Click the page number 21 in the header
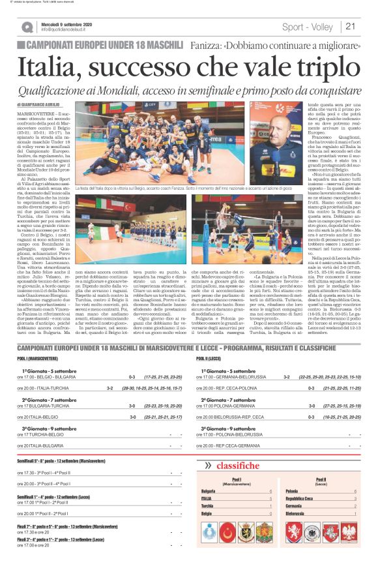tap(351, 27)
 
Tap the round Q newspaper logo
tap(27, 27)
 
